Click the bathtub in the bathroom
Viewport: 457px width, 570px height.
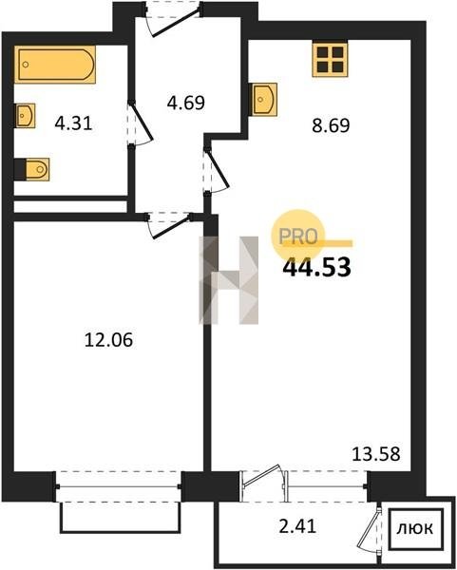pos(55,65)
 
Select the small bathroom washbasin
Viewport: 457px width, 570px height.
pos(25,116)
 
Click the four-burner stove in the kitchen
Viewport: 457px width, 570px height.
pos(330,59)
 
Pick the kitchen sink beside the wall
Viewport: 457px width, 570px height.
pos(263,99)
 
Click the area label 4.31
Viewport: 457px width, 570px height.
pos(73,123)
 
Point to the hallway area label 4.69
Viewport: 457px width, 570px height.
pos(186,103)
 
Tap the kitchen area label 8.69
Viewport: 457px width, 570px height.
pos(331,125)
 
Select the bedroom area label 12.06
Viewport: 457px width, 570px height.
pos(108,340)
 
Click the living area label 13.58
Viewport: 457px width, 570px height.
pos(376,454)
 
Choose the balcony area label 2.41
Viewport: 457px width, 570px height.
pos(297,526)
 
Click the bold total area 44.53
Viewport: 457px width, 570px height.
pos(316,267)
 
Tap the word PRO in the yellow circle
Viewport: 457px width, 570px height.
pos(297,237)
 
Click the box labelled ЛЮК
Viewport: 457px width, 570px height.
pos(416,528)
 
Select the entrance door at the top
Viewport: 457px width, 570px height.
pos(173,18)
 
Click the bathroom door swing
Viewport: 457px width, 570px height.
pos(140,123)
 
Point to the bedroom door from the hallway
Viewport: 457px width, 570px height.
pos(170,224)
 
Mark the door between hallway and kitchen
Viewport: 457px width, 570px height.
pos(216,170)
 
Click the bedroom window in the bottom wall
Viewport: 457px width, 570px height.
pos(118,486)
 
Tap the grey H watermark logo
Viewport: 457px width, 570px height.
pos(229,280)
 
